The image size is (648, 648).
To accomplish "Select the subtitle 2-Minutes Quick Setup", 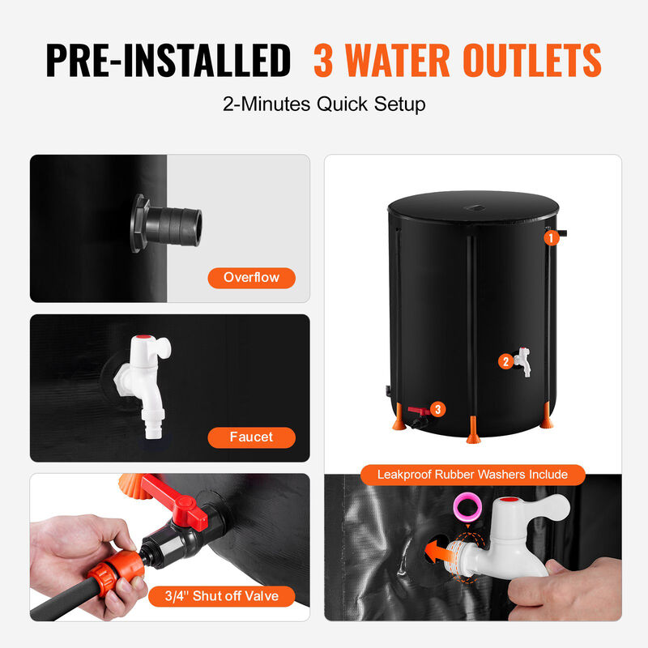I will [324, 104].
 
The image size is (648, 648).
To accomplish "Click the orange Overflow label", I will [251, 278].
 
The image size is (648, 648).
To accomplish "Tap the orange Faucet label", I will [251, 437].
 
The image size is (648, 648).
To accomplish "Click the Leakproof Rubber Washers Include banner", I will [472, 475].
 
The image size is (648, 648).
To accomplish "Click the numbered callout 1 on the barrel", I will [550, 238].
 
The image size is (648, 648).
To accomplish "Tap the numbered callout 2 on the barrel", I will [505, 361].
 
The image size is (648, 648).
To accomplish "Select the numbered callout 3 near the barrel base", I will [438, 409].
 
